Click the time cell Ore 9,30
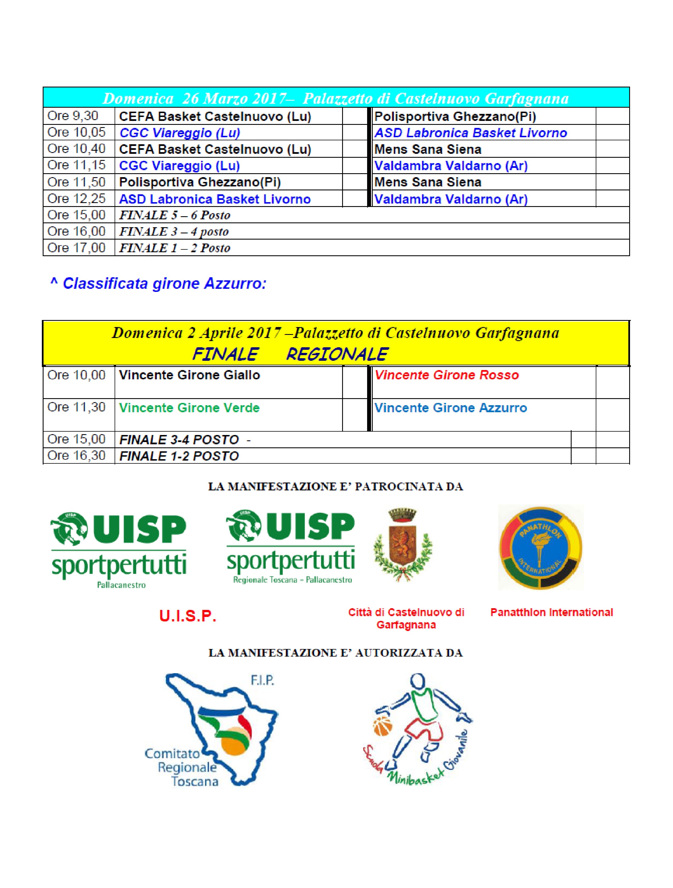point(73,116)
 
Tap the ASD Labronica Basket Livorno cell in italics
point(470,133)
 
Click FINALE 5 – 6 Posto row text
point(175,215)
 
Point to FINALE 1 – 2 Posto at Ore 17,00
point(175,248)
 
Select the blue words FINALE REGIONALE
point(290,354)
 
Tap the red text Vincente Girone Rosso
point(446,375)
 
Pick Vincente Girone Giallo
point(189,375)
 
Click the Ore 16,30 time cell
point(76,456)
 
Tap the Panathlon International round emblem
point(540,547)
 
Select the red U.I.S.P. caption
point(188,616)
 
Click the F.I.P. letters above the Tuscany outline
point(262,680)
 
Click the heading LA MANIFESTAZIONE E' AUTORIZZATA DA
point(336,653)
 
